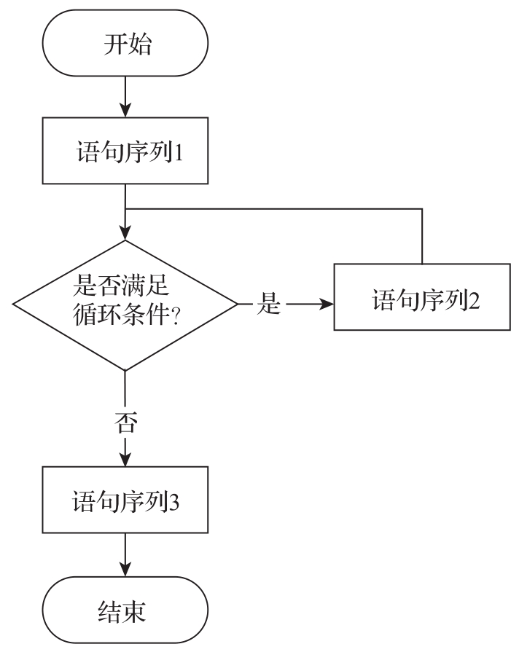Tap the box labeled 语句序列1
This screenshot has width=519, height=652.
tap(125, 155)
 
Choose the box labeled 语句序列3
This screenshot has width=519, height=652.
tap(125, 503)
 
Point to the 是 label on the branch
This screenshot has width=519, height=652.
tap(269, 305)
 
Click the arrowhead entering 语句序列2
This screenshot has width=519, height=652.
tap(328, 305)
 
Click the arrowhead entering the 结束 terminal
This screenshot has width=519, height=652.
tap(125, 570)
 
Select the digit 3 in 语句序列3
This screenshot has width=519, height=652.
tap(175, 503)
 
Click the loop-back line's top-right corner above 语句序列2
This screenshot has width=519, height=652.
tap(422, 210)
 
